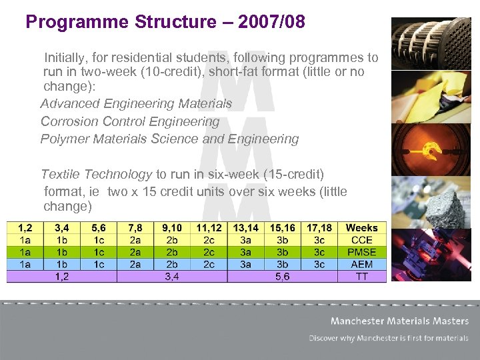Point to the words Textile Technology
point(96,174)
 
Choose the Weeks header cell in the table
point(361,228)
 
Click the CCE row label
point(361,240)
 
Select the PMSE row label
point(361,252)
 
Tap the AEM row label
point(361,264)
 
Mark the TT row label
point(361,276)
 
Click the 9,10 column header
point(171,228)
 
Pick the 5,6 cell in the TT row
point(282,276)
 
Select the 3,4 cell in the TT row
point(171,276)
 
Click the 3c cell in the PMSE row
point(319,252)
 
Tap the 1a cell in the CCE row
point(25,240)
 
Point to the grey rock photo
point(421,202)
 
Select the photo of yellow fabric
point(421,97)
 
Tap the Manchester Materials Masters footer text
point(399,321)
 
